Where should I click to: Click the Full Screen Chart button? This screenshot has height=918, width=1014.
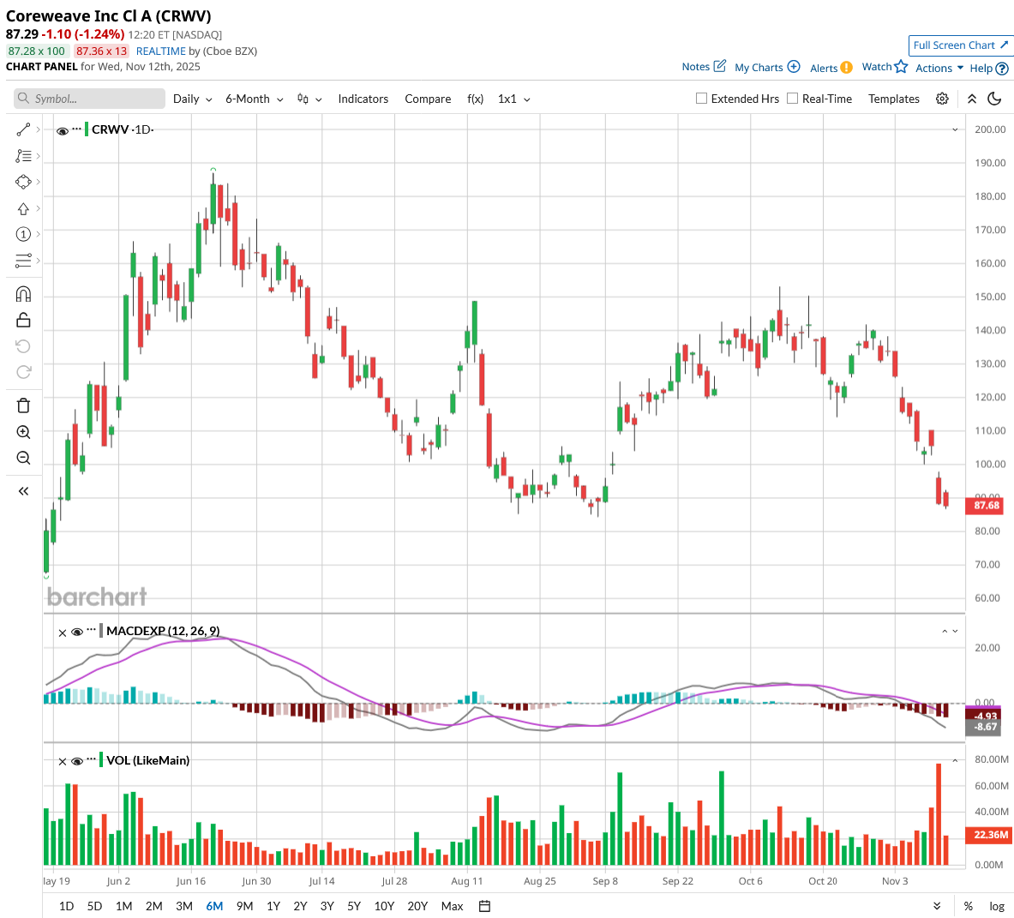[x=960, y=45]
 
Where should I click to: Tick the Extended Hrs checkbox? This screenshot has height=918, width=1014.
[x=702, y=99]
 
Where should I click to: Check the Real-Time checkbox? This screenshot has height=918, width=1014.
[x=793, y=99]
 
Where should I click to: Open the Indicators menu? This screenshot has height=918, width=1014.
[x=363, y=99]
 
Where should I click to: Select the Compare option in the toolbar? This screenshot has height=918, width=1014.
[x=428, y=99]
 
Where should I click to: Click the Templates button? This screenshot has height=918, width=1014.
[x=893, y=99]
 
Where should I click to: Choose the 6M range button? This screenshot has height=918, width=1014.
[x=214, y=906]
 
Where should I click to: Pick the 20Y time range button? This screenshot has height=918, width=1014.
[x=417, y=906]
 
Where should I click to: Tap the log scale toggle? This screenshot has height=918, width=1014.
[x=997, y=906]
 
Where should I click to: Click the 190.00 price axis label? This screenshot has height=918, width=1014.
[x=990, y=163]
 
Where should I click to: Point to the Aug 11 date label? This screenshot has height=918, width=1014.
[x=466, y=881]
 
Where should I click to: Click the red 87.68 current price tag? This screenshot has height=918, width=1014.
[x=987, y=506]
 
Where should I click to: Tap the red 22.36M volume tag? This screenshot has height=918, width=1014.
[x=990, y=835]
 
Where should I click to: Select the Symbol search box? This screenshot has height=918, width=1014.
[x=90, y=99]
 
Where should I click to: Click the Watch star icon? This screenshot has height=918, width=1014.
[x=901, y=67]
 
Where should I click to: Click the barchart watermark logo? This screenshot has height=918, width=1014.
[x=97, y=597]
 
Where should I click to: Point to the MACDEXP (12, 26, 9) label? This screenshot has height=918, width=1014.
[x=163, y=631]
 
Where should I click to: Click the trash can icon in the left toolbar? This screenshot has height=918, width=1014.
[x=23, y=405]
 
